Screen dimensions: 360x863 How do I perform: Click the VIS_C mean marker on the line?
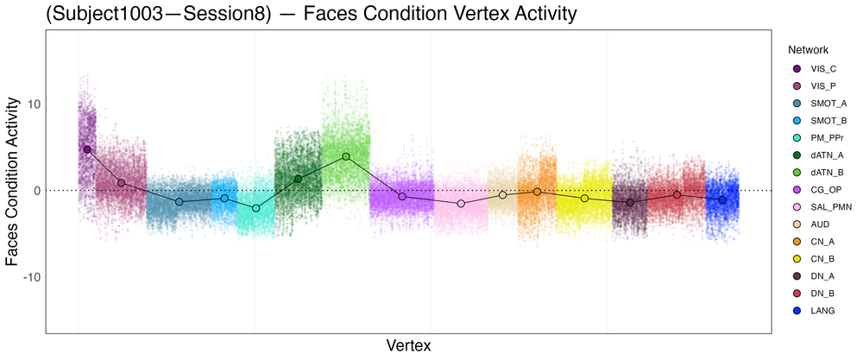(x=87, y=149)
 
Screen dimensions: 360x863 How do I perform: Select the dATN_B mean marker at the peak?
(x=346, y=156)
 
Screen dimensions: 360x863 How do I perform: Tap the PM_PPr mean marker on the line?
(x=255, y=208)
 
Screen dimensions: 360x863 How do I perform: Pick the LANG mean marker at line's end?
(x=722, y=199)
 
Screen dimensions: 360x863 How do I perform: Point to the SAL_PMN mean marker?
(x=461, y=204)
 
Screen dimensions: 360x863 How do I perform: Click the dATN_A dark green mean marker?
(x=299, y=179)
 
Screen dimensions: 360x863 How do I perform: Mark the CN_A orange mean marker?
(x=537, y=191)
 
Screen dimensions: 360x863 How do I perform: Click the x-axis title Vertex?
(x=407, y=345)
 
